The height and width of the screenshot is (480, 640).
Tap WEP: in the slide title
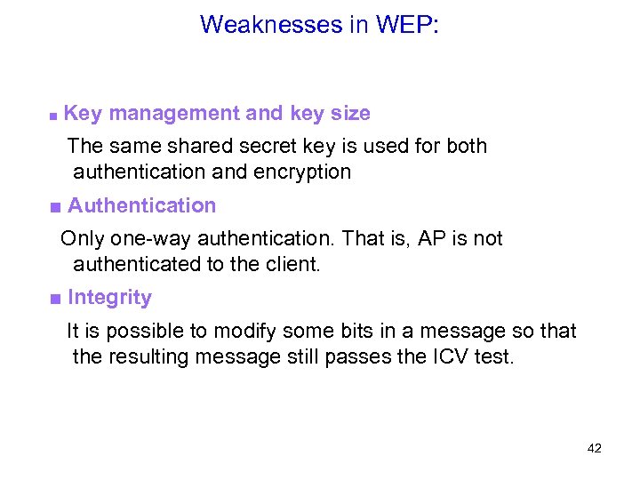407,24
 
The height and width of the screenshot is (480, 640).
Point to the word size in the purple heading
350,114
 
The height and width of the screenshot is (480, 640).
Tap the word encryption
303,172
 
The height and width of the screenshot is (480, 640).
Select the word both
467,145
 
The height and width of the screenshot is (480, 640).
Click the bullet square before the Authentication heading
55,207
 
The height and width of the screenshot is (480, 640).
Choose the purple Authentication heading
142,205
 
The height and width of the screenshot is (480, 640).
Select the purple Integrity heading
109,298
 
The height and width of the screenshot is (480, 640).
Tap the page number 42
595,449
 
